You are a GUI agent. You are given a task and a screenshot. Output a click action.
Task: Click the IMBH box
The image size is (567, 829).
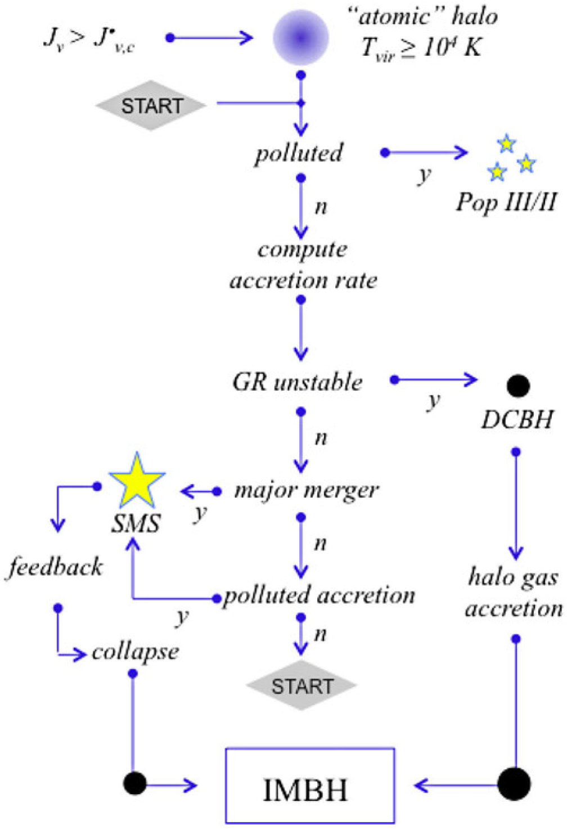310,785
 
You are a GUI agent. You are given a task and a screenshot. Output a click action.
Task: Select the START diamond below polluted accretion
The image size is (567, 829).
302,685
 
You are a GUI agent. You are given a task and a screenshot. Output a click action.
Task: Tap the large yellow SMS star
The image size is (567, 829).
137,482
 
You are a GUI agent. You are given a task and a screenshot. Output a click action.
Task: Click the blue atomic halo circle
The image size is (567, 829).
300,38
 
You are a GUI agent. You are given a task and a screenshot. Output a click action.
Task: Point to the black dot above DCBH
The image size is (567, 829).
517,386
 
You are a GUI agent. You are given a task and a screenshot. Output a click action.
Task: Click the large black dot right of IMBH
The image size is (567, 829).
514,783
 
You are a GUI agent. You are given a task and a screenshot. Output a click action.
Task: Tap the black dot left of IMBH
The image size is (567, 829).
134,783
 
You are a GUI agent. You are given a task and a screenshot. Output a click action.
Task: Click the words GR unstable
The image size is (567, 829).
298,382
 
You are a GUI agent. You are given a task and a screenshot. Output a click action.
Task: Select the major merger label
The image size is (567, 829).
307,491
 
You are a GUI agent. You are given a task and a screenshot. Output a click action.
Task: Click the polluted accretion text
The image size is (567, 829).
319,595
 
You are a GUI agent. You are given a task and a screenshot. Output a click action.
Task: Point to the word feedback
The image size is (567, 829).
55,567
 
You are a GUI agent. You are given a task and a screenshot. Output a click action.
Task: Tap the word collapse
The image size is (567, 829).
135,652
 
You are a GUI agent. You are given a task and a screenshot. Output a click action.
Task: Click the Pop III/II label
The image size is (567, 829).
506,201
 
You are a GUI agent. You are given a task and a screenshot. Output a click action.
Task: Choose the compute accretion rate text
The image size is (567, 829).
303,265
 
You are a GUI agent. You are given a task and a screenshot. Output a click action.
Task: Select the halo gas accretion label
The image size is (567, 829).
514,593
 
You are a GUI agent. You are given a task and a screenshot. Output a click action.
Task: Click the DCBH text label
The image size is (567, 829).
517,419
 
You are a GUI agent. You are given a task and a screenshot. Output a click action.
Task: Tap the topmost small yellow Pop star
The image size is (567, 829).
507,144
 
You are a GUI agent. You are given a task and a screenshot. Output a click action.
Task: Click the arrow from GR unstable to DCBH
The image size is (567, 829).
436,380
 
